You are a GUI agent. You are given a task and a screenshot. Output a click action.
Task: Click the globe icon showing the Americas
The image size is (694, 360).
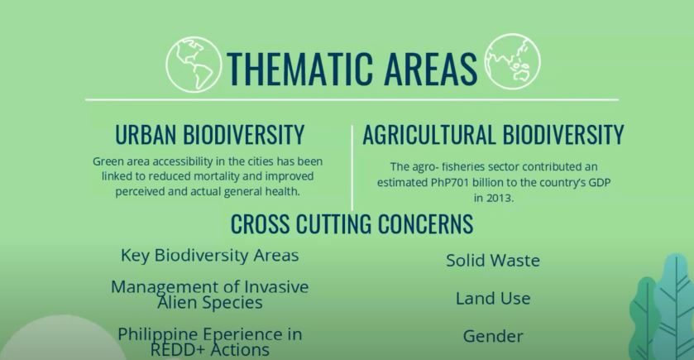click(x=194, y=65)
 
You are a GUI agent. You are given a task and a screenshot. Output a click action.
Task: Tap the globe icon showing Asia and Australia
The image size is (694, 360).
click(x=512, y=61)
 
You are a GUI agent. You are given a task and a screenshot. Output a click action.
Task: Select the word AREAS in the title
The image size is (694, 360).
click(x=430, y=69)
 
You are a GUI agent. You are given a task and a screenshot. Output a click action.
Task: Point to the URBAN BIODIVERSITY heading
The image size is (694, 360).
click(x=210, y=135)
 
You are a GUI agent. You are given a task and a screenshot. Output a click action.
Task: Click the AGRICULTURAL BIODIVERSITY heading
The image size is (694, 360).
click(x=493, y=135)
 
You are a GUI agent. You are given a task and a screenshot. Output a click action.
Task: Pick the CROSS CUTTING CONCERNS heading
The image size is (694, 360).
click(x=352, y=223)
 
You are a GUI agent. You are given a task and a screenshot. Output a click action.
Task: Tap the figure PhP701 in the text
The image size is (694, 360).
click(x=450, y=182)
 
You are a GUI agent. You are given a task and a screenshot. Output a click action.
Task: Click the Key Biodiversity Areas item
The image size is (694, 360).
click(x=210, y=256)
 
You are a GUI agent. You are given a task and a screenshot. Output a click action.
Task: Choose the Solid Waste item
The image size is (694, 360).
click(x=493, y=261)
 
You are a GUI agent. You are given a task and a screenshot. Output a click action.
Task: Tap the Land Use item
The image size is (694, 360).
click(x=493, y=299)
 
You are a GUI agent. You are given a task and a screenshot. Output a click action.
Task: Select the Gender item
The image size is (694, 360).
click(x=493, y=336)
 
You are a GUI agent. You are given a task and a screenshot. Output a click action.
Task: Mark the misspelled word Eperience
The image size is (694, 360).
click(x=239, y=334)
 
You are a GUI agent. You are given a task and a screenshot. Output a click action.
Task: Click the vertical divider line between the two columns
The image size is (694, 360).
click(x=352, y=168)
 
